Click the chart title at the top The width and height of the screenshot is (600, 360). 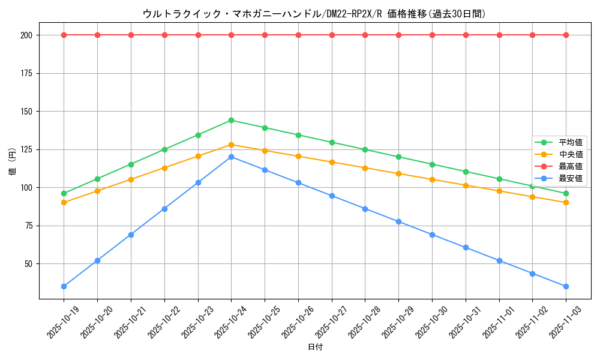[314, 13]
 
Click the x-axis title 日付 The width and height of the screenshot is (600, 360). [315, 347]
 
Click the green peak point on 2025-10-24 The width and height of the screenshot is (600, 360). [232, 120]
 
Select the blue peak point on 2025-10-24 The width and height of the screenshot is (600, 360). [232, 157]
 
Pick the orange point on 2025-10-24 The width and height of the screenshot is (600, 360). [232, 145]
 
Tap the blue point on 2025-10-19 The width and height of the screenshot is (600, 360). [64, 286]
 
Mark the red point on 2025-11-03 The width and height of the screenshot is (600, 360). [566, 35]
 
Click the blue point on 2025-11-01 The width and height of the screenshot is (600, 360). [499, 260]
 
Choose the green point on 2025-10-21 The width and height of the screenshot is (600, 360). [131, 164]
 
